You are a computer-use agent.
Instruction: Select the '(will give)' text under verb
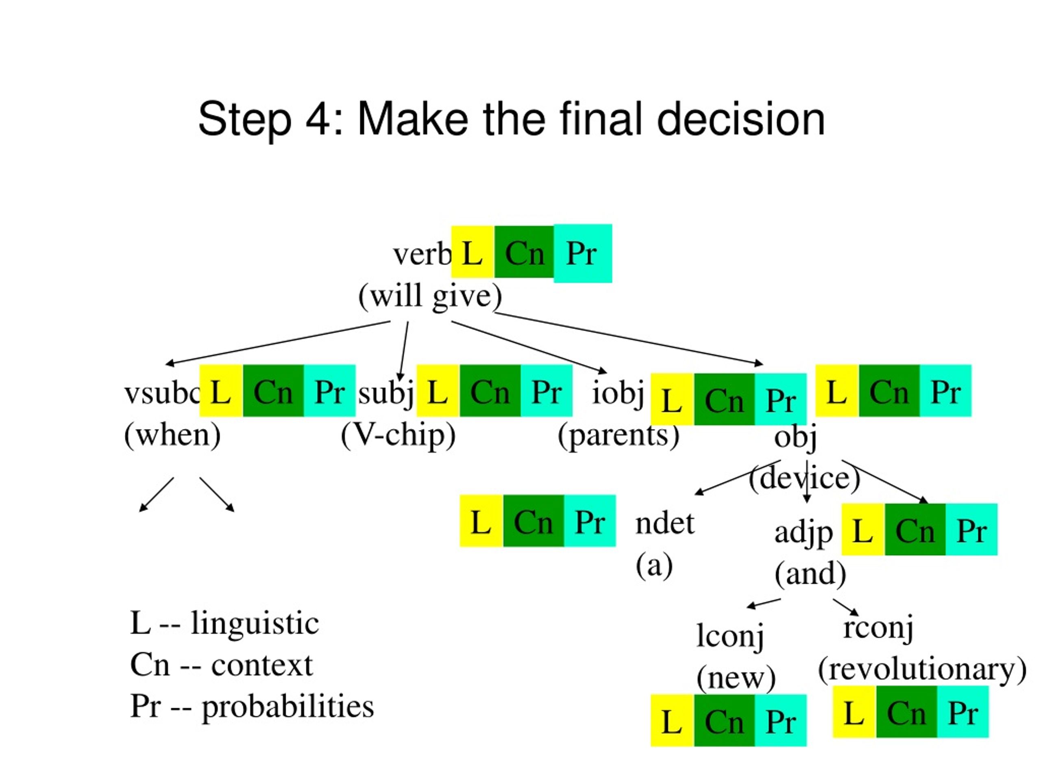(430, 296)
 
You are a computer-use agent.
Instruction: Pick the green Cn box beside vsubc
(273, 391)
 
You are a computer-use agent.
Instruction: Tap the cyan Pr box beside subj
(547, 391)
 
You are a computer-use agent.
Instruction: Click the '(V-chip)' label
(398, 435)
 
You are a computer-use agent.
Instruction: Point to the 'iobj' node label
(617, 392)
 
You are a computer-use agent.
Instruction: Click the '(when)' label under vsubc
(172, 435)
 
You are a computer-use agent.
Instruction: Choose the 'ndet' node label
(664, 523)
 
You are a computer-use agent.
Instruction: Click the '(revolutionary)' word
(922, 668)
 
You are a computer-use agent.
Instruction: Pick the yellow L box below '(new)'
(672, 720)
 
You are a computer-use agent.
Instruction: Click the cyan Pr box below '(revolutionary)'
(963, 711)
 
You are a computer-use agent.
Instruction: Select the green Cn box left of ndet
(533, 521)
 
